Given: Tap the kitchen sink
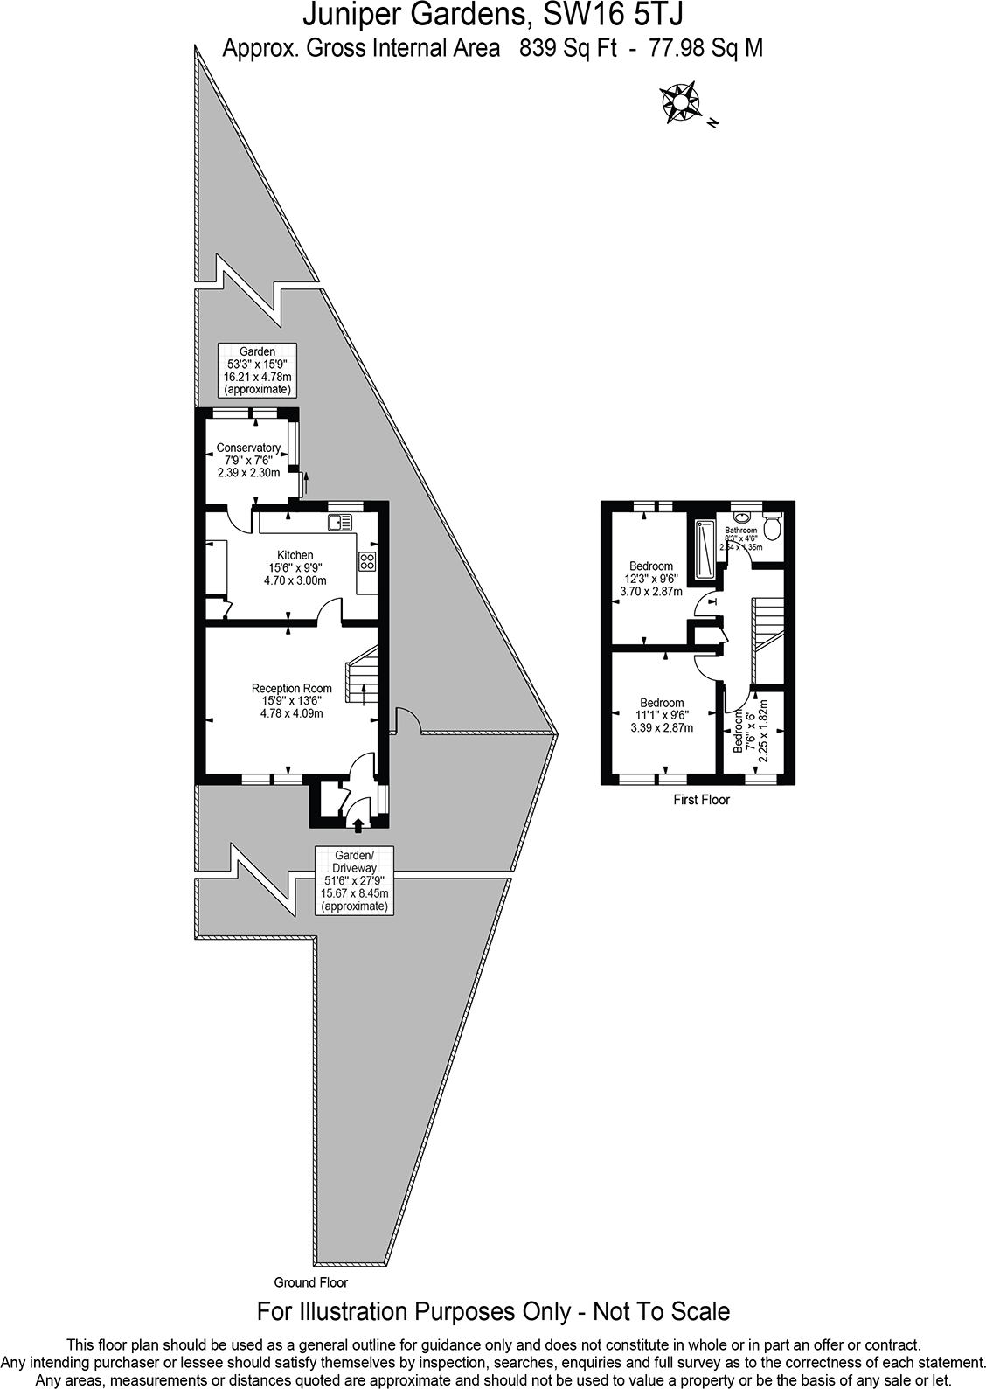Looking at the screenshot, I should click(x=340, y=523).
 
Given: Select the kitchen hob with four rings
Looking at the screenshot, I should click(x=368, y=562).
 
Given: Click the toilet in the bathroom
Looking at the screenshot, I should click(x=772, y=527).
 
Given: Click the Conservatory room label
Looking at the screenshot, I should click(x=248, y=448).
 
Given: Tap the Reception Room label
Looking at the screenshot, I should click(x=292, y=688).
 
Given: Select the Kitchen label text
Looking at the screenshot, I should click(x=295, y=555).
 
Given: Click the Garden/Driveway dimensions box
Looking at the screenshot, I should click(x=354, y=880).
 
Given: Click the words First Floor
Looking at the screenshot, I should click(x=701, y=799).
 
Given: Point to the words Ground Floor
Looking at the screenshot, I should click(x=310, y=1282).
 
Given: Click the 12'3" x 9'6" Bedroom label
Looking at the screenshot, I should click(x=650, y=566).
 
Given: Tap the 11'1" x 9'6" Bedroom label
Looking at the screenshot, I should click(x=662, y=703).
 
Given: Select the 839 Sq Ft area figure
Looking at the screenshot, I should click(x=563, y=48).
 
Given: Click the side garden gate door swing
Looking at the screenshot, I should click(x=406, y=721).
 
